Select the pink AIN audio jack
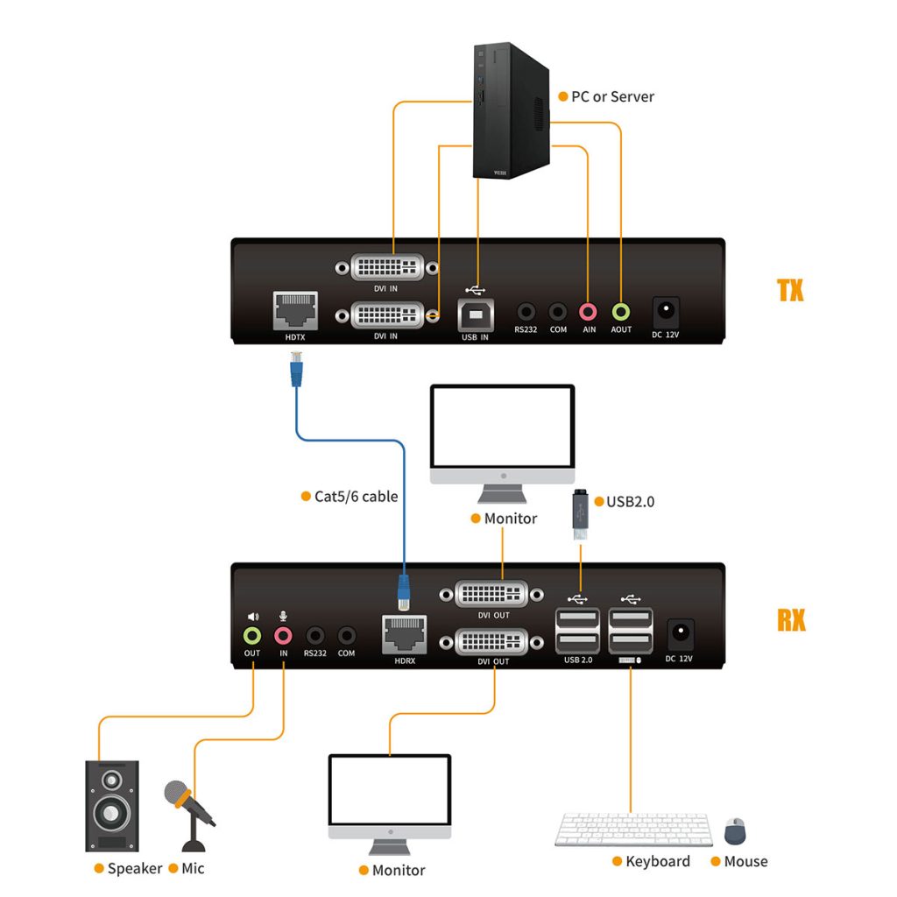(589, 311)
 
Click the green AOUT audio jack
(621, 311)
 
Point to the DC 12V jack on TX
(667, 310)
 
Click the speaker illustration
(111, 805)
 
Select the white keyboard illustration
(633, 830)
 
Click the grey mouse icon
(735, 830)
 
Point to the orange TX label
(790, 291)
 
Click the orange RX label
(790, 619)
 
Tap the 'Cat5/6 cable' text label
(356, 497)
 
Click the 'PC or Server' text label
(612, 96)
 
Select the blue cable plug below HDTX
(295, 368)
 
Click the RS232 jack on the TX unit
(526, 311)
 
